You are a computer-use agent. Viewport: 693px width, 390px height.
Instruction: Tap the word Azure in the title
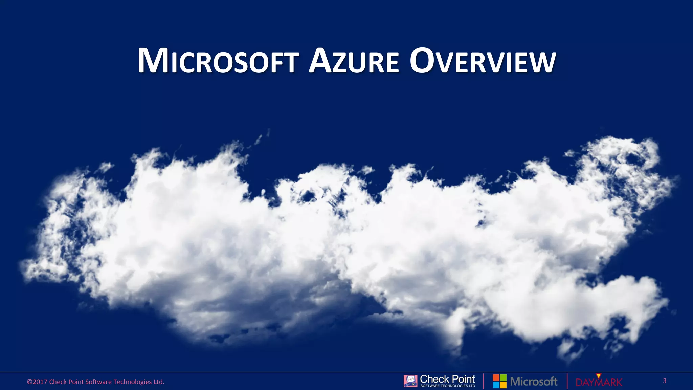point(354,62)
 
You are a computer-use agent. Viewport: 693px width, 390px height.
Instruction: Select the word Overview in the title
point(483,62)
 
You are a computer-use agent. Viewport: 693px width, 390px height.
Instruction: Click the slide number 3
point(665,381)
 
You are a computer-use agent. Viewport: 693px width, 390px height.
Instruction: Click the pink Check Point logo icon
point(410,381)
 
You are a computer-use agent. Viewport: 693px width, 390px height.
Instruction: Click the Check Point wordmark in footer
point(447,379)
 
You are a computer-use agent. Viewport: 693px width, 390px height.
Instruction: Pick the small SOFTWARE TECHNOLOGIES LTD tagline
point(448,386)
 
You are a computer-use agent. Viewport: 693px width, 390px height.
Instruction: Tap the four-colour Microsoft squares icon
point(499,381)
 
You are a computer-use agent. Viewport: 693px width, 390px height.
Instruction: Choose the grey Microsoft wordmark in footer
point(534,382)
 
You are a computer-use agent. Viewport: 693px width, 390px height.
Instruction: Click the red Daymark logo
point(599,383)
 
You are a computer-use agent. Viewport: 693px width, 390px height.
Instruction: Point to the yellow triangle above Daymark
point(598,376)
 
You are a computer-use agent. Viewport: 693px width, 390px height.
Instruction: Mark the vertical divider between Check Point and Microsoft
point(484,381)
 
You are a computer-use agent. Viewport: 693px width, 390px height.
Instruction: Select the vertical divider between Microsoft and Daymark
point(567,381)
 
